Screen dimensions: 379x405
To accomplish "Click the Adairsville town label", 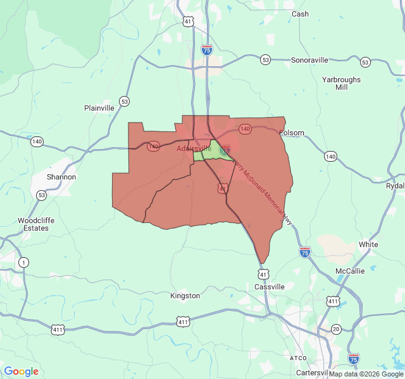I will pyautogui.click(x=194, y=148).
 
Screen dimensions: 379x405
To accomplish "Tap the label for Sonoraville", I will pyautogui.click(x=309, y=60).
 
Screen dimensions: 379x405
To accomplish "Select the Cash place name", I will pyautogui.click(x=300, y=14).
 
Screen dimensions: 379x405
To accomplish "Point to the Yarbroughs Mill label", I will pyautogui.click(x=341, y=83).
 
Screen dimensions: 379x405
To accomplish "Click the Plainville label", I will pyautogui.click(x=99, y=108).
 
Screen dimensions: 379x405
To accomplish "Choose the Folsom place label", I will pyautogui.click(x=292, y=133).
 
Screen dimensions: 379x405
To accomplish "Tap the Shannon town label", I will pyautogui.click(x=61, y=177).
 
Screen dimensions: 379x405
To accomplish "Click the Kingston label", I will pyautogui.click(x=185, y=296).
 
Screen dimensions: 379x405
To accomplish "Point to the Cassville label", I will pyautogui.click(x=270, y=287).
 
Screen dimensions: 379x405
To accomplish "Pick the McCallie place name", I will pyautogui.click(x=350, y=271).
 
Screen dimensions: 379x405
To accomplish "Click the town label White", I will pyautogui.click(x=368, y=244).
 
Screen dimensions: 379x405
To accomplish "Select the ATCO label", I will pyautogui.click(x=297, y=358).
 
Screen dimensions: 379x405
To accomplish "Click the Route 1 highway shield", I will pyautogui.click(x=23, y=262).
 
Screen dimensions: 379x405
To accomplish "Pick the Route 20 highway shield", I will pyautogui.click(x=336, y=329).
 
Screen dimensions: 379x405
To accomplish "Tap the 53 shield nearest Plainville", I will pyautogui.click(x=125, y=101).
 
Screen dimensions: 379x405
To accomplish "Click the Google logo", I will pyautogui.click(x=21, y=371).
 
